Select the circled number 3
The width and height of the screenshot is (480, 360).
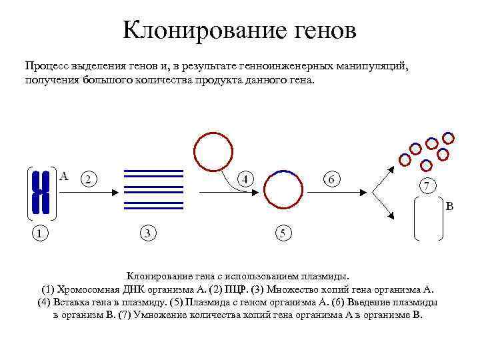point(148,233)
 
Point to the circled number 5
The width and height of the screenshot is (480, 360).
point(284,233)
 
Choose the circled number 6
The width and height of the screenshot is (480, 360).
point(331,179)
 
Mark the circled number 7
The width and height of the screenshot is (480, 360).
point(427,184)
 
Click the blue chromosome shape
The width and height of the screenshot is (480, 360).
point(41,191)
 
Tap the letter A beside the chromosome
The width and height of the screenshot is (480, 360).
point(64,177)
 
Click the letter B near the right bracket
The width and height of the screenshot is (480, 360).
point(449,207)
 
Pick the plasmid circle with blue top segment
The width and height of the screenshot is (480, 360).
point(283,191)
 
